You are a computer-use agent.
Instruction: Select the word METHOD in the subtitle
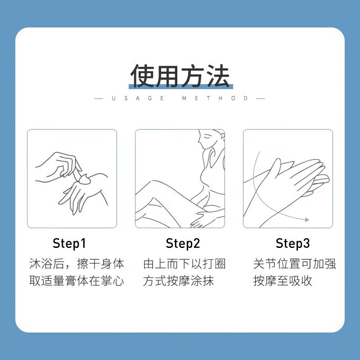[215, 99]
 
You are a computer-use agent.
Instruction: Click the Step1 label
[69, 243]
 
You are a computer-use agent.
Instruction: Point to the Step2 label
[183, 243]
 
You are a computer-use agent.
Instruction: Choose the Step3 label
[293, 243]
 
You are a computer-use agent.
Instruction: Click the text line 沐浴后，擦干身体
[76, 264]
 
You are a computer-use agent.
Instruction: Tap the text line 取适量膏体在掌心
[76, 281]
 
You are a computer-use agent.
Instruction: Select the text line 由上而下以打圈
[184, 264]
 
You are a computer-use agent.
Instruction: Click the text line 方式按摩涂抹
[178, 281]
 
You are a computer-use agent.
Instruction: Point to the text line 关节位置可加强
[295, 264]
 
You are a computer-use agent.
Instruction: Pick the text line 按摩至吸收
[283, 281]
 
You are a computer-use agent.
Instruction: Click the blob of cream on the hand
[84, 179]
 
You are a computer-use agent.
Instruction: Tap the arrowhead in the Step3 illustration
[307, 220]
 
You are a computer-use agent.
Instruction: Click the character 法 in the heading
[218, 76]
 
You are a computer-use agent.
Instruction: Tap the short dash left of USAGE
[99, 99]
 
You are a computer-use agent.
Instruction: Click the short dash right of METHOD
[261, 99]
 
